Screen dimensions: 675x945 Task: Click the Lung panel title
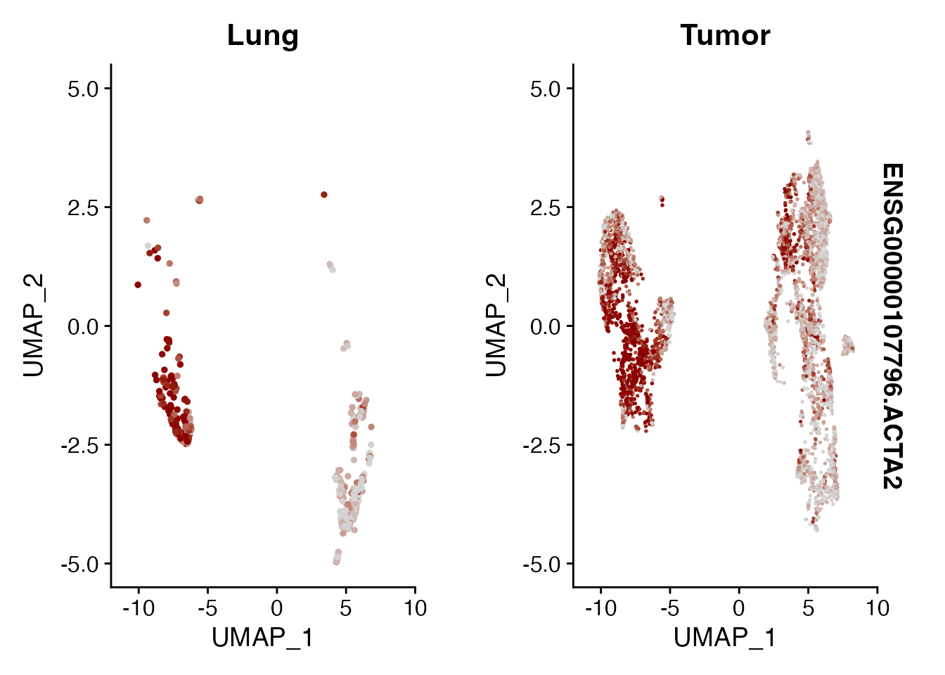[262, 35]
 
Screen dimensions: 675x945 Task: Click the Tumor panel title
[725, 35]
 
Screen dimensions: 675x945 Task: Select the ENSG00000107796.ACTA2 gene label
[892, 326]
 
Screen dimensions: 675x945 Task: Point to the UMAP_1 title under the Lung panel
[262, 637]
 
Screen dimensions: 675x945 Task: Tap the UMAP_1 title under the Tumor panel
[725, 637]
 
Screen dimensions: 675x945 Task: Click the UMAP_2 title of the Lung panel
[34, 326]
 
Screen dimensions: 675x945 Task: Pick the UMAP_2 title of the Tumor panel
[496, 326]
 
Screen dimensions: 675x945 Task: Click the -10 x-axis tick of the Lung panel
[138, 607]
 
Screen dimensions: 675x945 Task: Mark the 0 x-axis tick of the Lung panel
[276, 607]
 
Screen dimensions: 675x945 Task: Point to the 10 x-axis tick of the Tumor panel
[877, 607]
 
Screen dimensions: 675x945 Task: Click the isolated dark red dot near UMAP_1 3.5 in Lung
[324, 195]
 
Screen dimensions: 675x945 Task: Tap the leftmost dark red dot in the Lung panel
[138, 285]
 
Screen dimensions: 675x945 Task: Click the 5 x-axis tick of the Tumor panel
[808, 607]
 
